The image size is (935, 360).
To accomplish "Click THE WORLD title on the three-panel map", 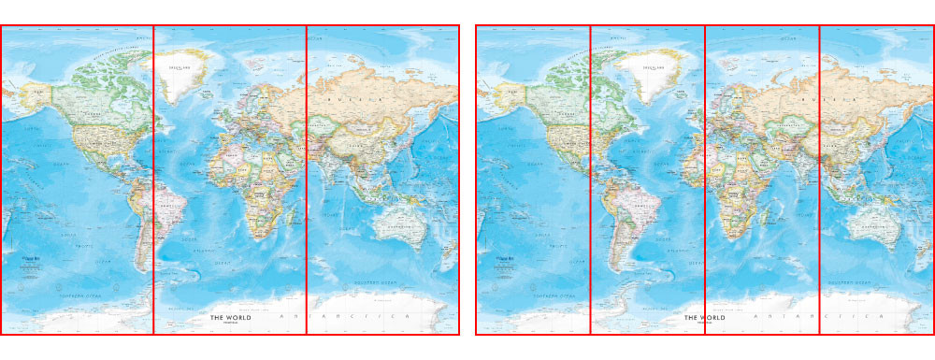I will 231,318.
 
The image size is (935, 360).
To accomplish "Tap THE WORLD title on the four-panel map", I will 705,318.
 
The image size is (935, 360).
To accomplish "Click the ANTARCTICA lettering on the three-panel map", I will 346,319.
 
